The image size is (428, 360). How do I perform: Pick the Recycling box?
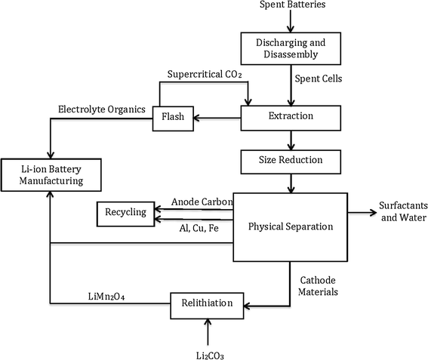pos(125,214)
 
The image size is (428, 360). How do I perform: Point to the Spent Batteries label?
pos(291,7)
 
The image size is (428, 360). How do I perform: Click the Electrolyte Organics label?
pos(103,110)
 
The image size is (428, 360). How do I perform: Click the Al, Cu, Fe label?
pos(196,227)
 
